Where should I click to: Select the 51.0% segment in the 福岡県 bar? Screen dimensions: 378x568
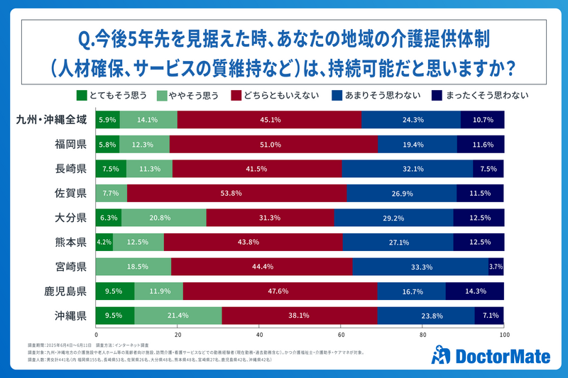(273, 144)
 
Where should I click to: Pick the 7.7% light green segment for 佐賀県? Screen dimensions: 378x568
(111, 193)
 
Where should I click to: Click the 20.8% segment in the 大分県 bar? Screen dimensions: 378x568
(164, 218)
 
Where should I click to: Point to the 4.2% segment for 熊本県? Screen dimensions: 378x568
(104, 243)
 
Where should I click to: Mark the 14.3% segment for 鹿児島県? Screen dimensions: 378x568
(475, 291)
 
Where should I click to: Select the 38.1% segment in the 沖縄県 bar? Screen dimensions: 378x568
(300, 316)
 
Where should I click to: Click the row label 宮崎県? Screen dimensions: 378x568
(70, 267)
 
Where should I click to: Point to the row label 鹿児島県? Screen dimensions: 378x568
(64, 291)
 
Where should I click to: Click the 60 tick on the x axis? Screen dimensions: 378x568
(341, 334)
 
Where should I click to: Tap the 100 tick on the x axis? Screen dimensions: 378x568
(504, 334)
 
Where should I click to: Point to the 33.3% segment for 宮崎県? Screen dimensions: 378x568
(420, 267)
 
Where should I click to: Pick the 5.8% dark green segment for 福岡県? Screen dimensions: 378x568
(107, 144)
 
